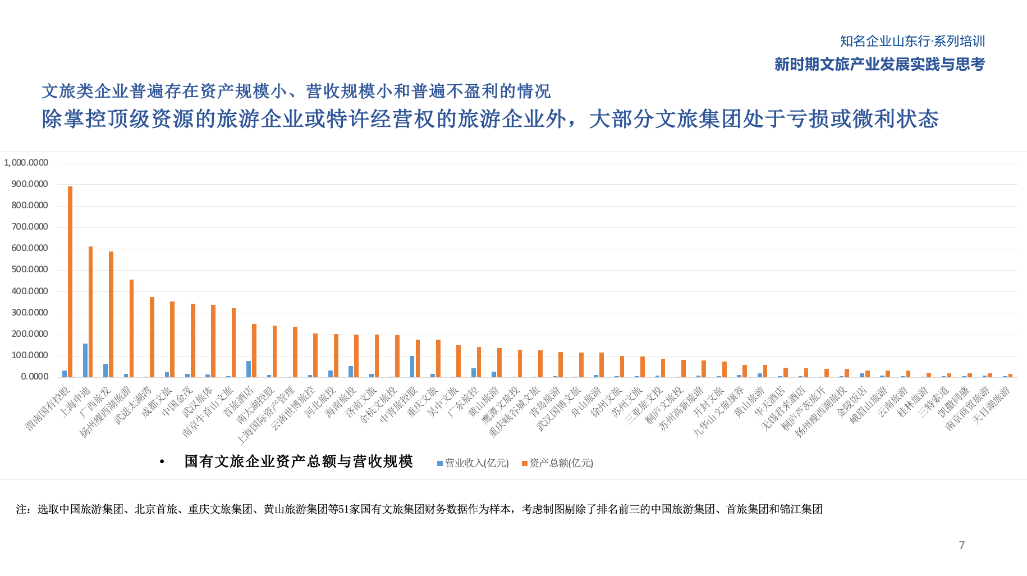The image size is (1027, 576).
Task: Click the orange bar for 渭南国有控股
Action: [x=70, y=281]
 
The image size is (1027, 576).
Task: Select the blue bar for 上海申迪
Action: [x=85, y=360]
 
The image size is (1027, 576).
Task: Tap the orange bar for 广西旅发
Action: [x=111, y=314]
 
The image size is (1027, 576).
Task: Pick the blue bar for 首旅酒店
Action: [x=249, y=368]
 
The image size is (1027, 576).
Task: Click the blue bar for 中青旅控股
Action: [x=412, y=366]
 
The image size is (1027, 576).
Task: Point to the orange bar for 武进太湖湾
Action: [x=152, y=337]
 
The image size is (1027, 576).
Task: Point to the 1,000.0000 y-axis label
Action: [x=26, y=163]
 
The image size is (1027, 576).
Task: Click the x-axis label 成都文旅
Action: [x=157, y=402]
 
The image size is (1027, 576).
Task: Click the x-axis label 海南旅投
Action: [x=341, y=402]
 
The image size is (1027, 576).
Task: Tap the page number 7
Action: [x=962, y=545]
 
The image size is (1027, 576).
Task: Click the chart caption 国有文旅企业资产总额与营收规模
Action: [x=299, y=461]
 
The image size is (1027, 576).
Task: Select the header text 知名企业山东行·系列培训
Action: [x=913, y=41]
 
